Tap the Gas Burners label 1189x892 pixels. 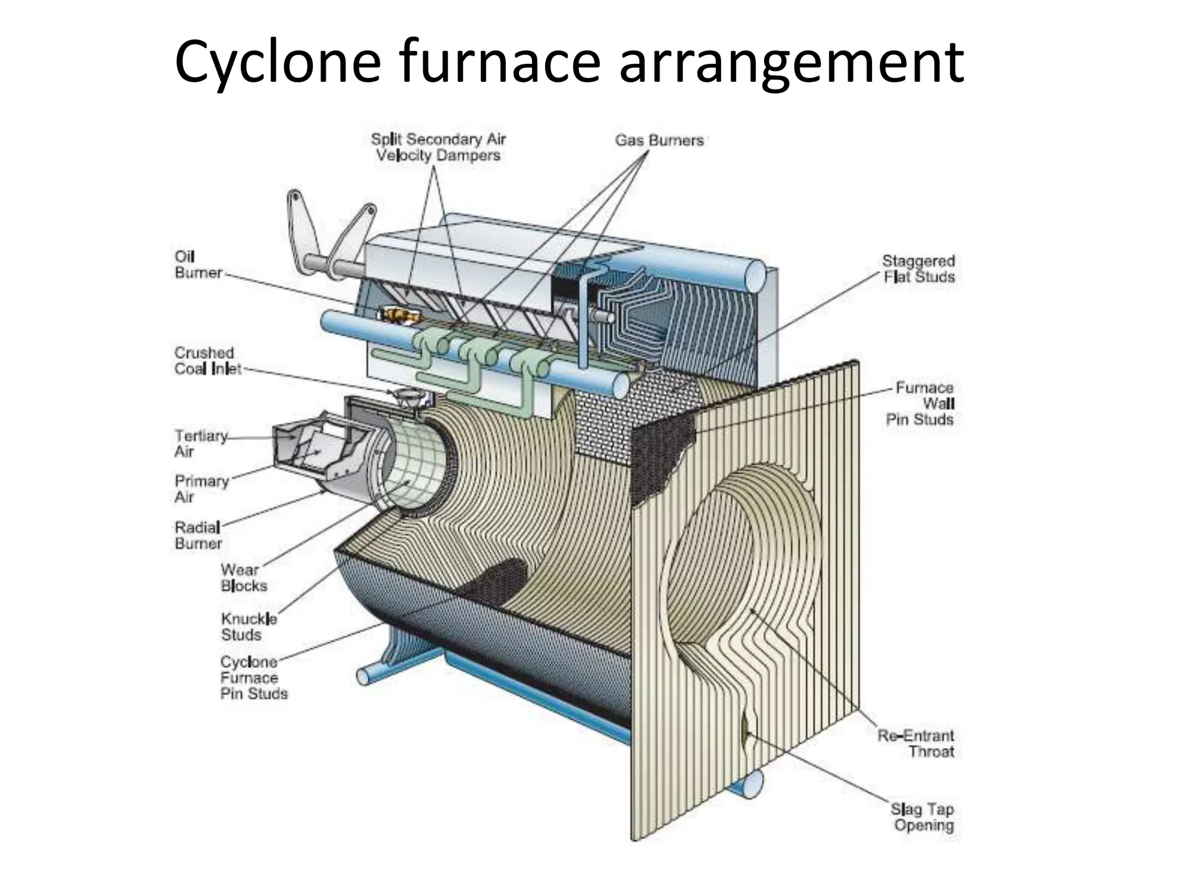coord(659,140)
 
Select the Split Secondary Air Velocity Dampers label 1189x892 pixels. coord(438,148)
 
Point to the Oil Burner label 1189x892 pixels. coord(197,265)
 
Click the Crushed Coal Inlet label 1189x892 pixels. coord(207,361)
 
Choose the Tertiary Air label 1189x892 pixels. coord(200,443)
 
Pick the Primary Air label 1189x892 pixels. coord(201,489)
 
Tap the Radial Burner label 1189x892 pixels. coord(198,535)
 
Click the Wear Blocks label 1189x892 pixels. coord(243,578)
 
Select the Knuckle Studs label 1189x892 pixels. coord(248,627)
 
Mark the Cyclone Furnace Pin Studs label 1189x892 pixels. coord(253,678)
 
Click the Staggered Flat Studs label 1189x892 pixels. coord(918,269)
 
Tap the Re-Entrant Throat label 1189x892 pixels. coord(916,744)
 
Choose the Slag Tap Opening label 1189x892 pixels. coord(922,817)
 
